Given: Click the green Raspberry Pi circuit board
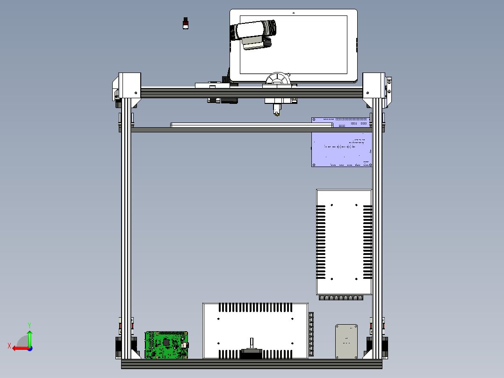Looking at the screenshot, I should pyautogui.click(x=166, y=345).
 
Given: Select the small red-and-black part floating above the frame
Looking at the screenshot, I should pyautogui.click(x=186, y=23).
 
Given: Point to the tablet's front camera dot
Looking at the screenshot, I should pyautogui.click(x=293, y=13).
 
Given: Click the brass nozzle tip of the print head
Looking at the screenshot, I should pyautogui.click(x=277, y=112).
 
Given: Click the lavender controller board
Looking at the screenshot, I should pyautogui.click(x=341, y=149).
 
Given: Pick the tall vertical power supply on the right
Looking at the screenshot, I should pyautogui.click(x=344, y=241).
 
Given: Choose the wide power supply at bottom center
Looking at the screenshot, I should pyautogui.click(x=255, y=330).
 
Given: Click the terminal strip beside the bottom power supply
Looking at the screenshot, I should pyautogui.click(x=311, y=334).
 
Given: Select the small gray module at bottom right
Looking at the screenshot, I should pyautogui.click(x=346, y=341).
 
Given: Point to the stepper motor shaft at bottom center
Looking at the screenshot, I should pyautogui.click(x=252, y=343).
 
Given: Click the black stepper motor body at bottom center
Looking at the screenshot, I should pyautogui.click(x=252, y=354).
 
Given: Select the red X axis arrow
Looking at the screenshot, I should pyautogui.click(x=18, y=348).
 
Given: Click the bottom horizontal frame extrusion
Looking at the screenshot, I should pyautogui.click(x=252, y=363).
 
